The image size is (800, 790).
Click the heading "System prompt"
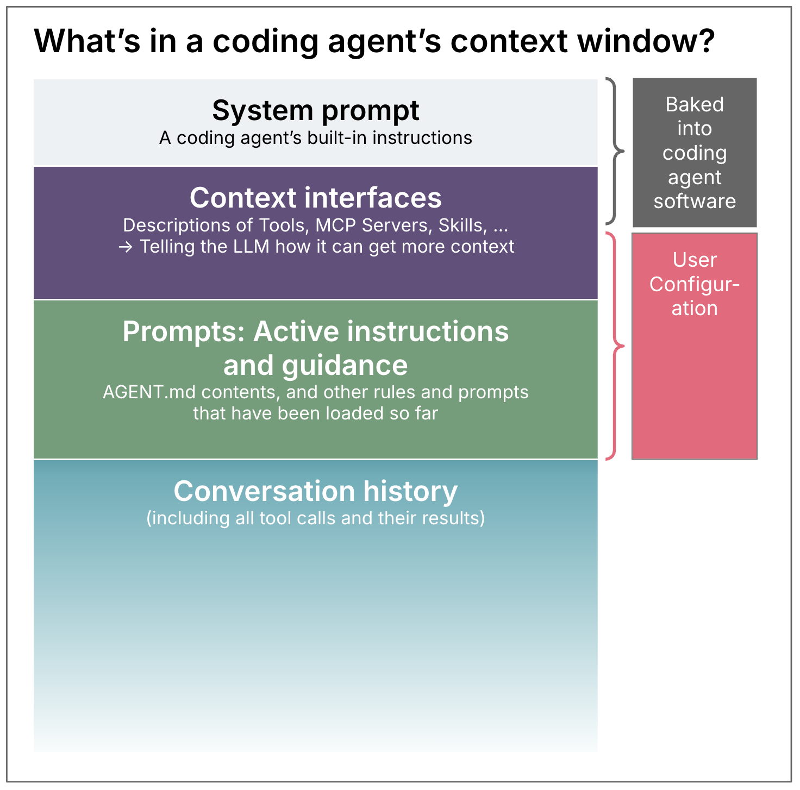[315, 110]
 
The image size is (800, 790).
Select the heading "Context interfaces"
[315, 197]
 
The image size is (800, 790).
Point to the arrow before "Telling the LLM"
[126, 247]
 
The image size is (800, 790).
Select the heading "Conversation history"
[315, 491]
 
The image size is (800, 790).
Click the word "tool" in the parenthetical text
[279, 518]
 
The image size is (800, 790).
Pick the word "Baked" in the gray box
[695, 104]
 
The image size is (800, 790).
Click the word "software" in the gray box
[695, 202]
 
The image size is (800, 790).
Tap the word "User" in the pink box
[695, 260]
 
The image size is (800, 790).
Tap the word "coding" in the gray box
[695, 153]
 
